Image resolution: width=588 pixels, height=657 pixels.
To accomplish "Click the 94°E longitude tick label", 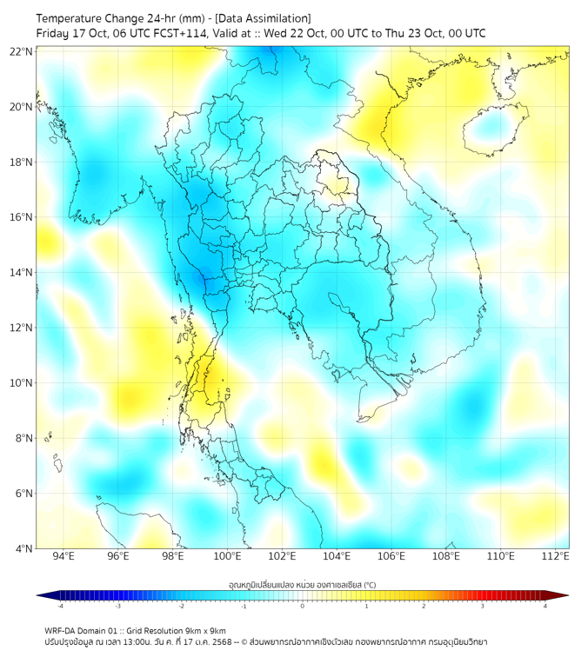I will pyautogui.click(x=63, y=556).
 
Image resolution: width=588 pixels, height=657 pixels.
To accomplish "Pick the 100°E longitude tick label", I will pyautogui.click(x=227, y=556).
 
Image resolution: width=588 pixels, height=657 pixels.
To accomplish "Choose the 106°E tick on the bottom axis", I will pyautogui.click(x=391, y=556).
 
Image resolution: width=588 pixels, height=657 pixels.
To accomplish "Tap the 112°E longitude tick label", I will pyautogui.click(x=556, y=556).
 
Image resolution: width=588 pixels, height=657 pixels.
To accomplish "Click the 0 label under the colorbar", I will pyautogui.click(x=303, y=606).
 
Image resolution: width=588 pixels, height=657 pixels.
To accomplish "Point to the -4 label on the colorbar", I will pyautogui.click(x=59, y=606).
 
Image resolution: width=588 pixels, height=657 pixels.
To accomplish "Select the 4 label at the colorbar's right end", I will pyautogui.click(x=545, y=606).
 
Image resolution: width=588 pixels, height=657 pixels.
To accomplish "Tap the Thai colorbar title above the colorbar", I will pyautogui.click(x=303, y=584).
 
